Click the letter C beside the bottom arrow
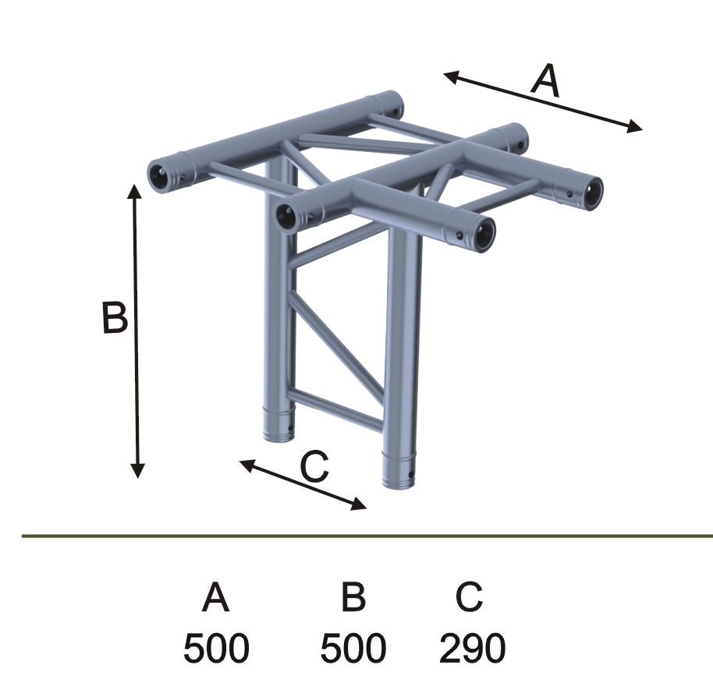[314, 467]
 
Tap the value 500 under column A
[216, 648]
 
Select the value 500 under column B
[353, 648]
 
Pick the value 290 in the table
[473, 648]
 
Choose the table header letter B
[353, 596]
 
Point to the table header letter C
[469, 596]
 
